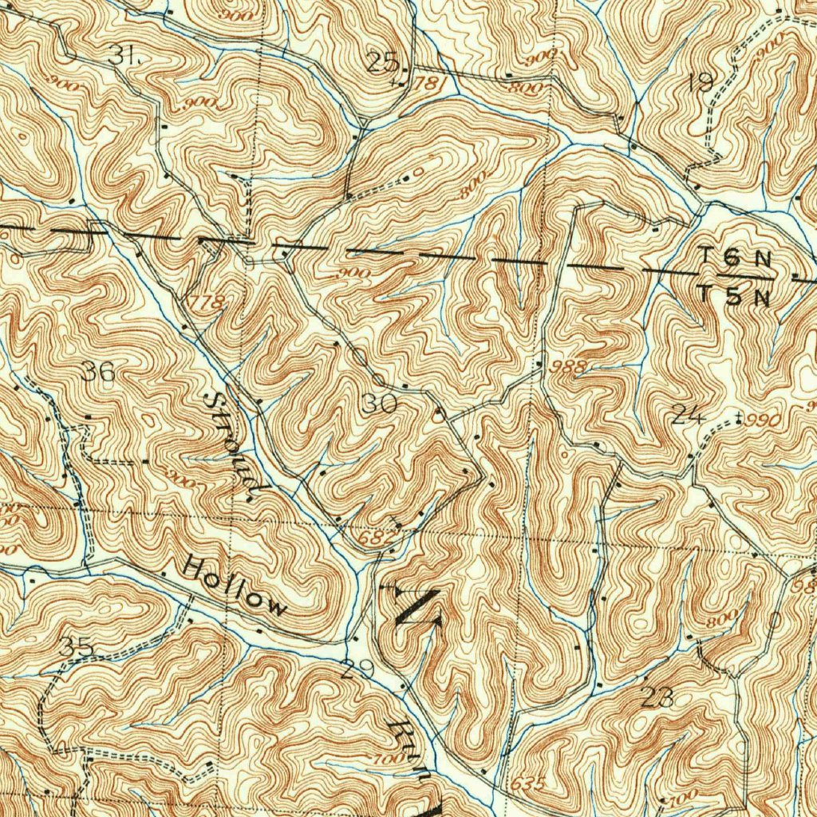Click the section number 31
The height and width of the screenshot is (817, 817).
(x=124, y=55)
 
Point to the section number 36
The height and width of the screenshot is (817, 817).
(x=98, y=371)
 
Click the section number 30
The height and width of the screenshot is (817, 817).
(x=379, y=405)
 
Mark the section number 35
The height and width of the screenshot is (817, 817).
(x=77, y=646)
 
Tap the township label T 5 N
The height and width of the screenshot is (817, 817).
(x=736, y=296)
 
